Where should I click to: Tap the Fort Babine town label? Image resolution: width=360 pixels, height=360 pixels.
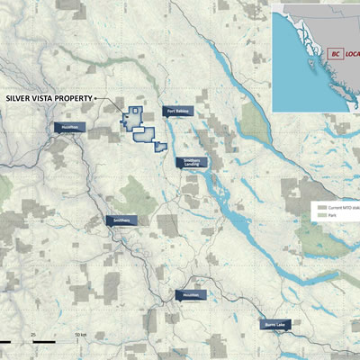[176, 112]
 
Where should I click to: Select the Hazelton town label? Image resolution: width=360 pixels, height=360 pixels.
[69, 128]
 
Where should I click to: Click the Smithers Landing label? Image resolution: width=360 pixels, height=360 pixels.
[192, 163]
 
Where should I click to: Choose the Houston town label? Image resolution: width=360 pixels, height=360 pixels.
[191, 294]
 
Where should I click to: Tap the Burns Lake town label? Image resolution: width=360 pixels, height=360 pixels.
[275, 325]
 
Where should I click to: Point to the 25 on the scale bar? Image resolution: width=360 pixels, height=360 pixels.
[33, 335]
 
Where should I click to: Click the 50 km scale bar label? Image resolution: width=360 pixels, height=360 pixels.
[81, 335]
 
